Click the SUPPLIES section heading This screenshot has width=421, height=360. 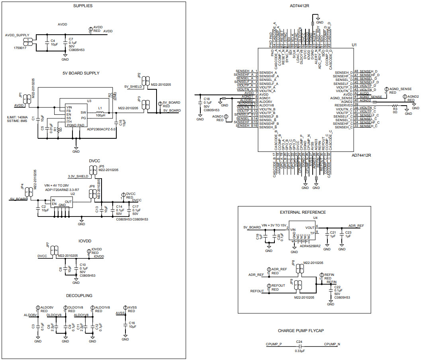pos(83,6)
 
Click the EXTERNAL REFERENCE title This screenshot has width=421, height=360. pos(303,212)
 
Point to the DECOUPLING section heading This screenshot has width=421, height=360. pos(79,296)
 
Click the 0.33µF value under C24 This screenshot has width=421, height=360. pos(300,351)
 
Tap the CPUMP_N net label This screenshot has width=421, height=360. pos(332,344)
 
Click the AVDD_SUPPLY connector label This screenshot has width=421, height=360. pos(17,35)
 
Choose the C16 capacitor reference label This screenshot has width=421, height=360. pos(132,323)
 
